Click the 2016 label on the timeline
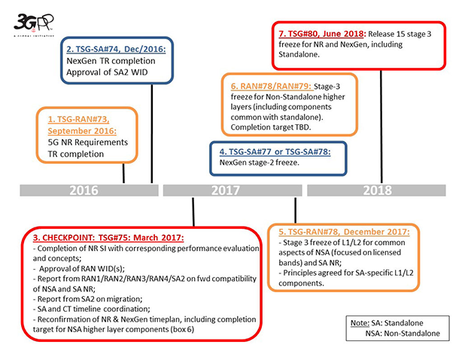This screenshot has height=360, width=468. (x=84, y=191)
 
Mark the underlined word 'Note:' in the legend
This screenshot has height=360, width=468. (x=360, y=322)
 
